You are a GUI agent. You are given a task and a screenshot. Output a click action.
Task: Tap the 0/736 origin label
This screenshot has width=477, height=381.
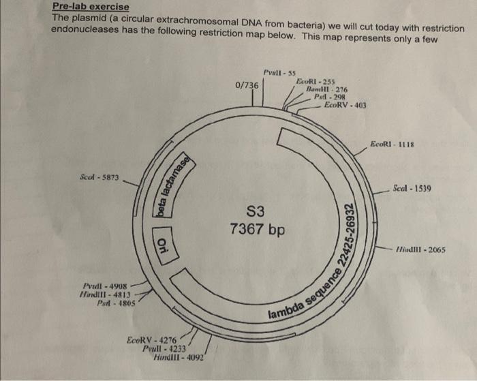click(x=246, y=85)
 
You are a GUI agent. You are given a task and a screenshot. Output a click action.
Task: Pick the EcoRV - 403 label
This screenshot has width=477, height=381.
click(x=345, y=105)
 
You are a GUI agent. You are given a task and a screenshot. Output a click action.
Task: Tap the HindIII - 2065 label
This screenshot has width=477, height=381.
click(x=422, y=249)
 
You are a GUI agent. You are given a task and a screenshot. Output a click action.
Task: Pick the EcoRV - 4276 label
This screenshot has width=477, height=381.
click(x=151, y=339)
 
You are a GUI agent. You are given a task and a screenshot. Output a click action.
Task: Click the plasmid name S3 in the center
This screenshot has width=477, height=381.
click(x=257, y=210)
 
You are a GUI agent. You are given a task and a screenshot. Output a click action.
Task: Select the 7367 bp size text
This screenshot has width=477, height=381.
click(x=257, y=229)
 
